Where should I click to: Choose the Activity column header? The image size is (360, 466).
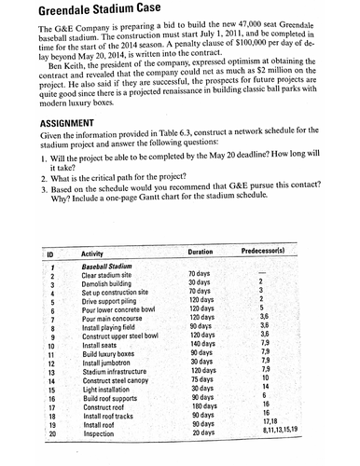coord(92,254)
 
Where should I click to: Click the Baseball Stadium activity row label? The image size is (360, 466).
coord(110,267)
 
